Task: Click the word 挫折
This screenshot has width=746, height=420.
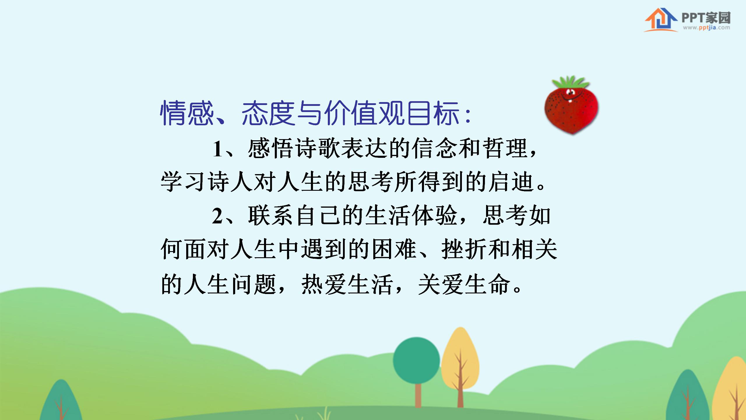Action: click(x=465, y=250)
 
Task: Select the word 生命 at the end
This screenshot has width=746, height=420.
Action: click(x=487, y=284)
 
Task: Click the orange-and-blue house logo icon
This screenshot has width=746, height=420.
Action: click(x=660, y=20)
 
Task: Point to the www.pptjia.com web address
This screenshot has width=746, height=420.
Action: click(x=706, y=28)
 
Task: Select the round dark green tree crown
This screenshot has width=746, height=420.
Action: click(x=416, y=360)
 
